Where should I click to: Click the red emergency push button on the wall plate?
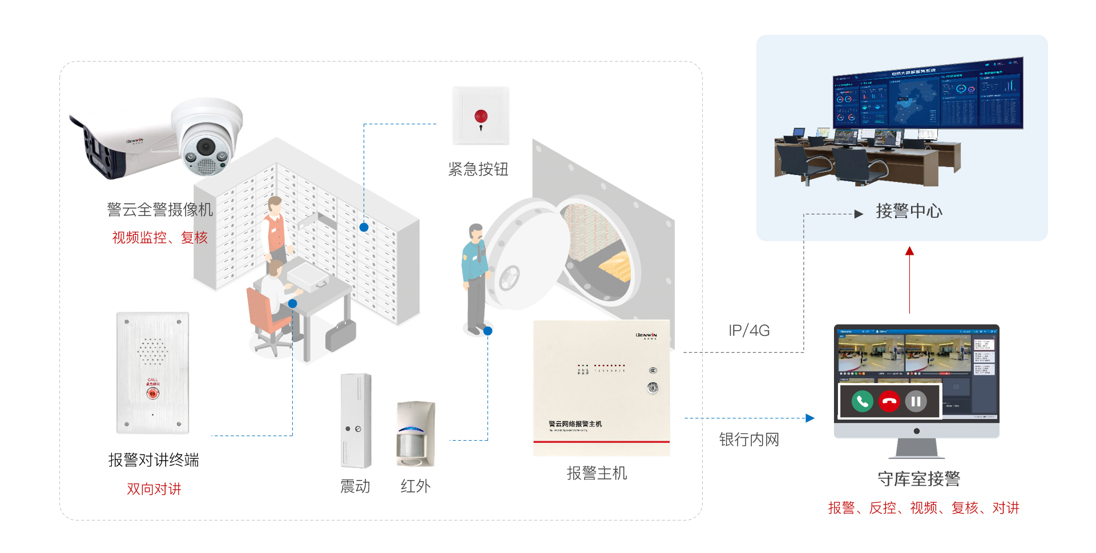pos(481,117)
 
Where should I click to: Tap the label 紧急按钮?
pos(478,169)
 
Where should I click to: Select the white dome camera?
pos(207,137)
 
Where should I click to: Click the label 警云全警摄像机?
pos(160,210)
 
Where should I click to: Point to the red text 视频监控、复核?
pos(160,238)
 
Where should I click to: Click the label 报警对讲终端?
pos(154,460)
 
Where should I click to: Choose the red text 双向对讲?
pos(154,489)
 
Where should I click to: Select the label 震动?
pos(355,486)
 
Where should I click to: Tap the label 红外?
pos(416,486)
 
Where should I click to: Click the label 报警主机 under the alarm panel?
pos(597,473)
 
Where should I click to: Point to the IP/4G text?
pos(749,331)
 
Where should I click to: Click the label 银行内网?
pos(749,440)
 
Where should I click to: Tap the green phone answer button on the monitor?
pos(863,401)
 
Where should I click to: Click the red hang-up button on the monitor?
pos(889,401)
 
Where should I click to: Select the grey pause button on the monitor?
pos(916,401)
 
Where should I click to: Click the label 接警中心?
pos(909,212)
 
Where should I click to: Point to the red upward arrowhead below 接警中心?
pos(909,251)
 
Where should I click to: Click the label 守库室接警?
pos(918,479)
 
